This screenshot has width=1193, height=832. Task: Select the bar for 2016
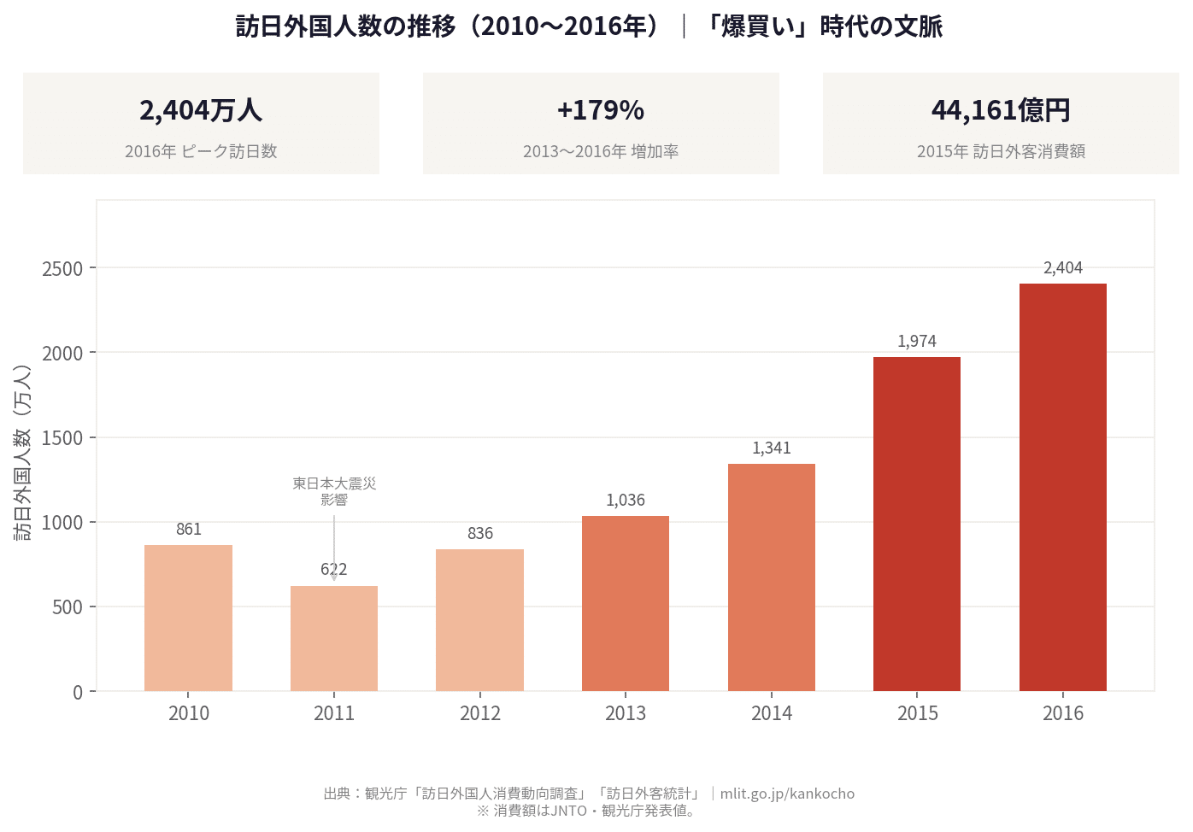click(x=1062, y=487)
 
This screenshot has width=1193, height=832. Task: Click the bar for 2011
click(x=334, y=638)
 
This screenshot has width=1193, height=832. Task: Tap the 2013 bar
click(x=626, y=603)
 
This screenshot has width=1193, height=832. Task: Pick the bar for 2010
click(x=188, y=618)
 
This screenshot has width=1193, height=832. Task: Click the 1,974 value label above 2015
click(x=917, y=342)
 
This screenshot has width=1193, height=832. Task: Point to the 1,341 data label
click(x=772, y=448)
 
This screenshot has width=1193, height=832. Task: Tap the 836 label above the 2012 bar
click(x=480, y=534)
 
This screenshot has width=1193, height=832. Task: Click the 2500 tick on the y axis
click(x=62, y=269)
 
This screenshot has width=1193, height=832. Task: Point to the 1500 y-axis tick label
click(x=62, y=438)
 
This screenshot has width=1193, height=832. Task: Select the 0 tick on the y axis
click(x=78, y=692)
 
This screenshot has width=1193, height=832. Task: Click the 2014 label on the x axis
click(x=772, y=713)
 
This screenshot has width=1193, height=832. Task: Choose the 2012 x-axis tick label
click(x=480, y=713)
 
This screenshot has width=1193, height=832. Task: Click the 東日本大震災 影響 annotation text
click(x=334, y=491)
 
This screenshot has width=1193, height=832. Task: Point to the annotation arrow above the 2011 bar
click(x=334, y=547)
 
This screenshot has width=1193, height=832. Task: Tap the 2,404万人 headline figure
click(x=201, y=110)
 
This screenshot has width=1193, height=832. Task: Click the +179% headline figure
click(x=601, y=110)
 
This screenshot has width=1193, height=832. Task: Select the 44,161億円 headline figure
click(x=1001, y=110)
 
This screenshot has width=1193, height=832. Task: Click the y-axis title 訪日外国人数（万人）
click(x=23, y=453)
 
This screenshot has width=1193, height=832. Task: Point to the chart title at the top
click(x=589, y=26)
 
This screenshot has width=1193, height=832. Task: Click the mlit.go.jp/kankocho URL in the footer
click(x=787, y=794)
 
